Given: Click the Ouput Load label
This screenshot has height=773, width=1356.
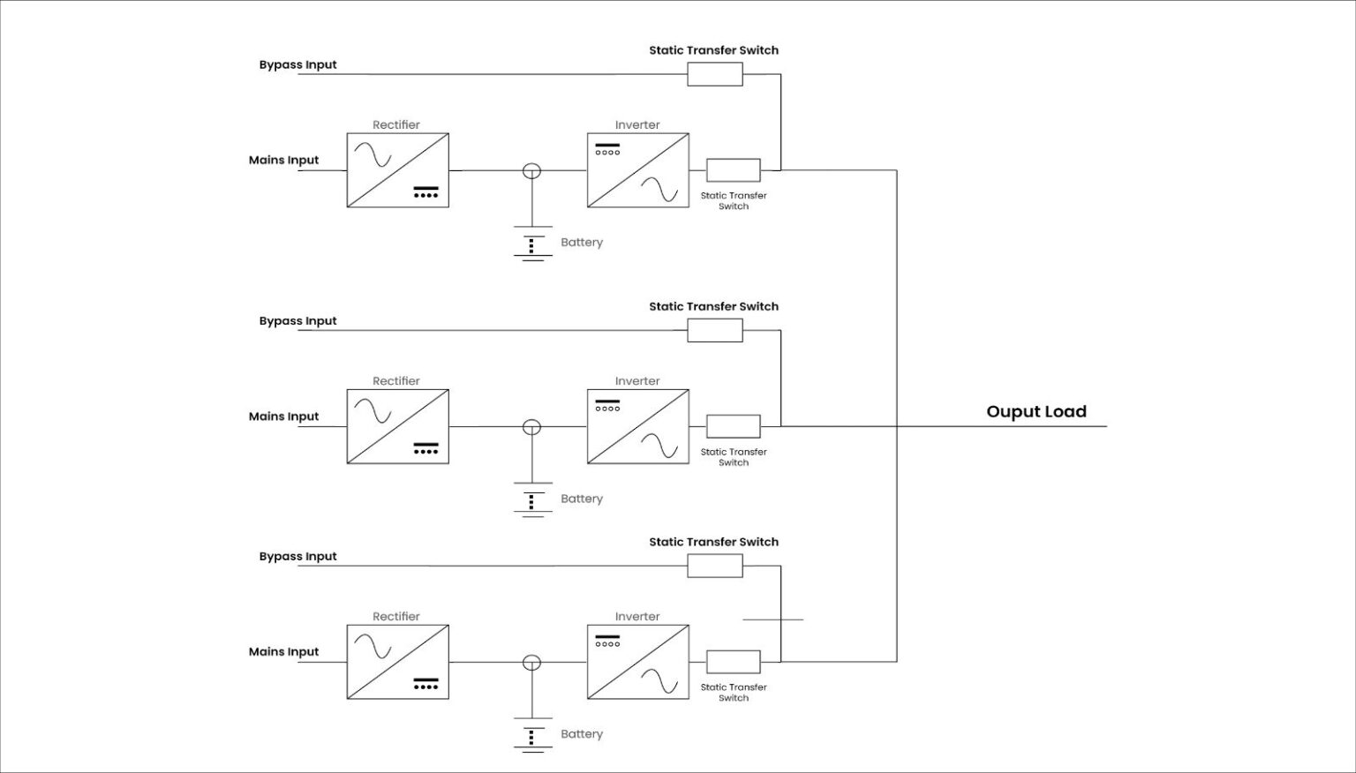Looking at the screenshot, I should coord(1036,412).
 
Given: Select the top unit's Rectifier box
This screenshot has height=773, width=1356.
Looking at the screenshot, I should coord(397,170).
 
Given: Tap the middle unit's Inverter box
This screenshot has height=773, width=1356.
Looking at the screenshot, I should coord(637,427).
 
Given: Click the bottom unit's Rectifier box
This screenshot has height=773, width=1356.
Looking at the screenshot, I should coord(397,662).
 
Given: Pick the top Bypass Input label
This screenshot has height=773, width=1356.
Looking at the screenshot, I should coord(298,65).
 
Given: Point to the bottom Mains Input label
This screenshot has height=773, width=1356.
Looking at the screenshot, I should coord(283,652).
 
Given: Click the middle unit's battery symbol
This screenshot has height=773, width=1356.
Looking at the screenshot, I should coord(532,500).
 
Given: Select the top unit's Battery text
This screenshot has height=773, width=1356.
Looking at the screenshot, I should coord(582,243).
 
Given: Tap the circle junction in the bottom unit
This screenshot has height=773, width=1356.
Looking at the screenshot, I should coord(531,663).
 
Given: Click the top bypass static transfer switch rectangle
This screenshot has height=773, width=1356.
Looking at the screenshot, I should coord(715,74).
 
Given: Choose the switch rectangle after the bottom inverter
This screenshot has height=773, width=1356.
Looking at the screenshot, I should coord(733,662).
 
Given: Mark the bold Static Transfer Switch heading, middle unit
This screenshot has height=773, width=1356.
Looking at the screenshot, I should coord(713,307).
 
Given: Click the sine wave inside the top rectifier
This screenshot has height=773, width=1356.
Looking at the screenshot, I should coord(373,156).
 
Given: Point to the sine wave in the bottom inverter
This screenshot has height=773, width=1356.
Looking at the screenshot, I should coord(659,682).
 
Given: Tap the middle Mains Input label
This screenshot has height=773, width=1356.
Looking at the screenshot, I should coord(283,417).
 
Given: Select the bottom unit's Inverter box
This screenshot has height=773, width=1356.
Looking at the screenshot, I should coord(637,662).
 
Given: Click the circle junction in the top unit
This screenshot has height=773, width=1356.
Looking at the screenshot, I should coord(531,171).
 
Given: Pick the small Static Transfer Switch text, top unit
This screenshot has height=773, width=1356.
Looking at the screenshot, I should coord(734,201).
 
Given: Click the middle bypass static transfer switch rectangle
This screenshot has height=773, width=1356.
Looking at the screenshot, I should coord(715,330).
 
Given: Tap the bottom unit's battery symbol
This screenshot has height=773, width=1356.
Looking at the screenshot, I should coord(532,736).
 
